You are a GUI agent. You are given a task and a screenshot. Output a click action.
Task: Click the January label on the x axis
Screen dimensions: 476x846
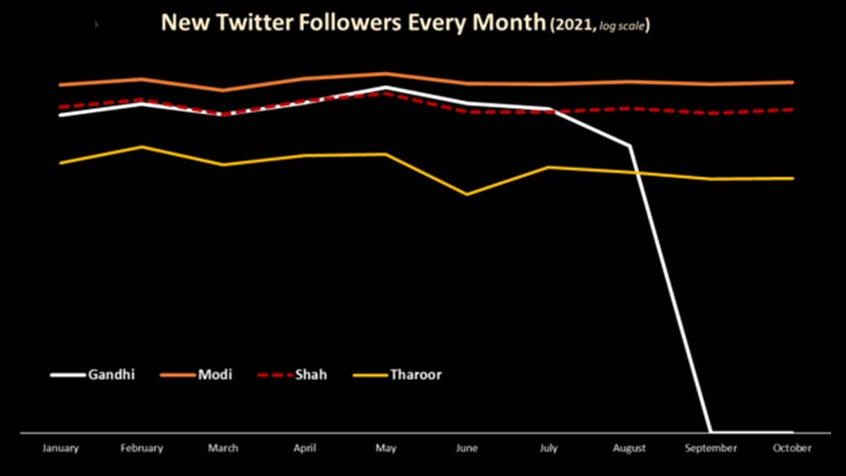61,448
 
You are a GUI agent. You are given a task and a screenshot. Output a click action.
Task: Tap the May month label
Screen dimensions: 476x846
386,448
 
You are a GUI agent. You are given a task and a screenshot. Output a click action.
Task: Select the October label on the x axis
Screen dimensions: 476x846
792,448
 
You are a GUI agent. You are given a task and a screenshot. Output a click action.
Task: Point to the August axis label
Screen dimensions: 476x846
630,448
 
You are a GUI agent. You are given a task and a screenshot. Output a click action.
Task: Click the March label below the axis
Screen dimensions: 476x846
223,448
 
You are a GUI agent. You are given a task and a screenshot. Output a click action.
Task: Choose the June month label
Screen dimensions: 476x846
467,448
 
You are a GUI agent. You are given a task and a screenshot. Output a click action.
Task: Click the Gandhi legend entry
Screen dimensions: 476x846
111,374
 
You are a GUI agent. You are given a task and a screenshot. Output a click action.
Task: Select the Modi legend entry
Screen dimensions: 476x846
215,374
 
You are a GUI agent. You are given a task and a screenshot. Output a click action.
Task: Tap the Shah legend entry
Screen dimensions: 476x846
311,374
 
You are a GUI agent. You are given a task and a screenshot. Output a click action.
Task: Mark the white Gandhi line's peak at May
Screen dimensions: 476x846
386,87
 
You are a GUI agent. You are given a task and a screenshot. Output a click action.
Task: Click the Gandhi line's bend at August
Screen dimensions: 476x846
630,146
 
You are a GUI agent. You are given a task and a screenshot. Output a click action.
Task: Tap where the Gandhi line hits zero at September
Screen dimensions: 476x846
711,432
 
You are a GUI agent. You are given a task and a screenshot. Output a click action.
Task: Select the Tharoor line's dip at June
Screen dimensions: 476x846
467,194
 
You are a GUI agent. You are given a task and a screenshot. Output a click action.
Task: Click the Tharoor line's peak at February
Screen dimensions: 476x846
142,147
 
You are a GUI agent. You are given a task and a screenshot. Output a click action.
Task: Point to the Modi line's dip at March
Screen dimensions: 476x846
223,90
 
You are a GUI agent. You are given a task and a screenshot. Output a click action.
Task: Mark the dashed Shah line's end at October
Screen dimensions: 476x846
792,109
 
